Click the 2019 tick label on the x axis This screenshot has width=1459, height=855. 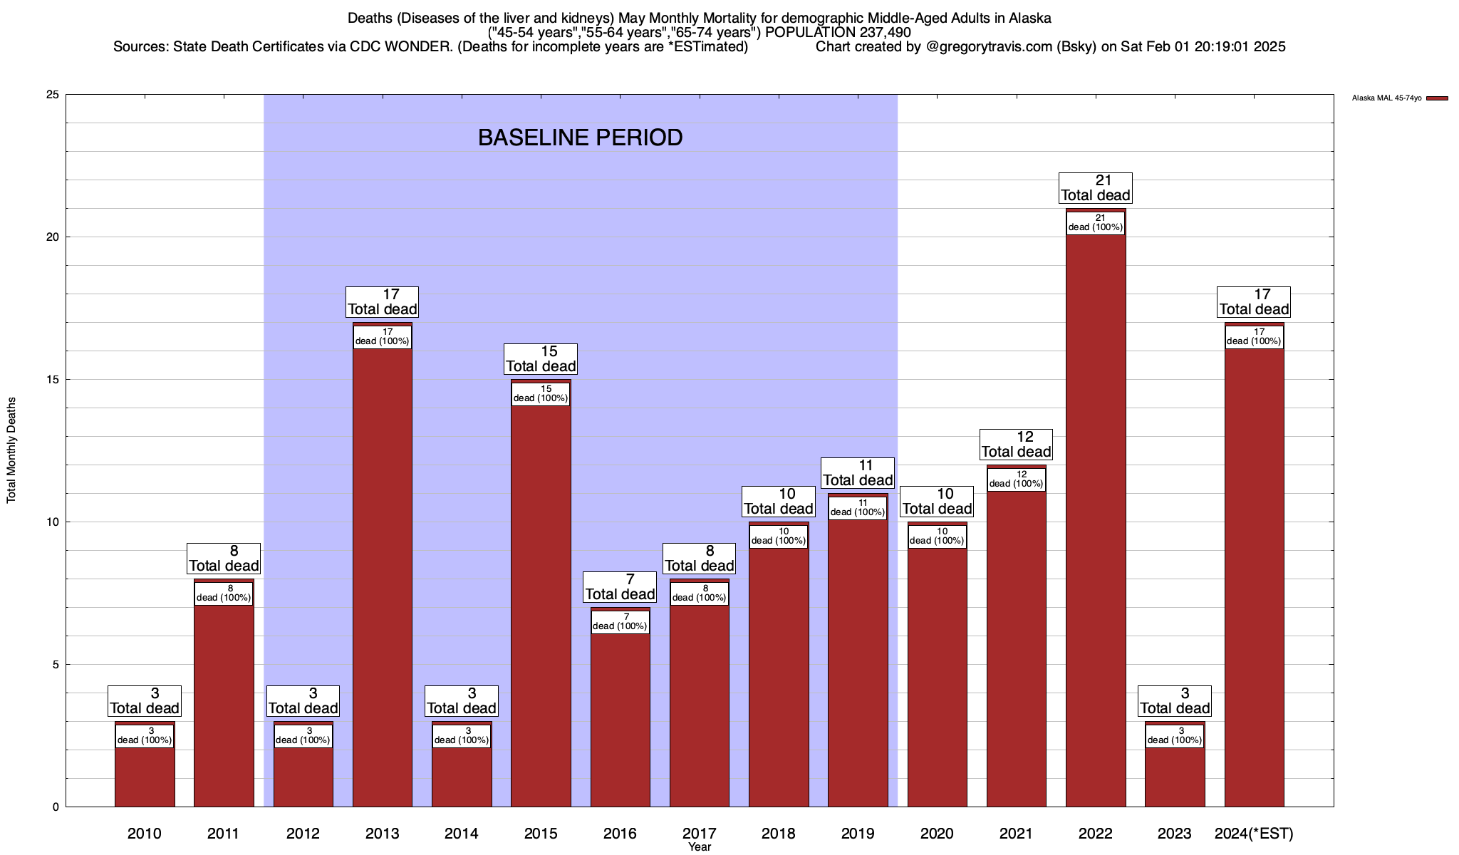(858, 833)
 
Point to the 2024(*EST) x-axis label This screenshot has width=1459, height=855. (1254, 833)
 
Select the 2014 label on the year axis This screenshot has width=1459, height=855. (462, 833)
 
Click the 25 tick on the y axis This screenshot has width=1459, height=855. (53, 95)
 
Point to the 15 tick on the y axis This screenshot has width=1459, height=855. (53, 380)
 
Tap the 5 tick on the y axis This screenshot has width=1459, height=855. (56, 665)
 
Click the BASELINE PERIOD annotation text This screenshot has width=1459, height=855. (580, 138)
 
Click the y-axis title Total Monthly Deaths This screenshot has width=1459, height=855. (11, 450)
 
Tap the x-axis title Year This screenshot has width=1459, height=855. (700, 847)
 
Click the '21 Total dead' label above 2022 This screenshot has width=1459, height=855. (1096, 188)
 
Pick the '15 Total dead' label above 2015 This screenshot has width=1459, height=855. (541, 359)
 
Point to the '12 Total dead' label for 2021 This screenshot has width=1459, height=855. (1017, 445)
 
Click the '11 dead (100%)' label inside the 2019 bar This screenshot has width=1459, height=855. (858, 508)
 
